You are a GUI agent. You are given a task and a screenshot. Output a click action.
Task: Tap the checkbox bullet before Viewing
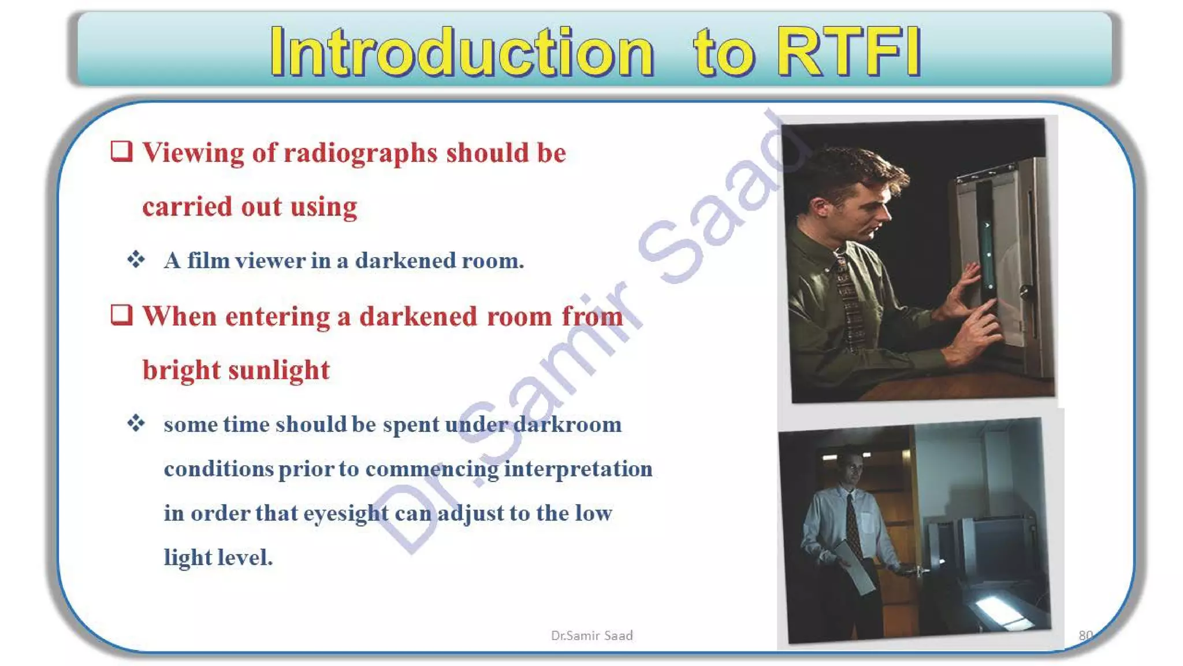pyautogui.click(x=121, y=151)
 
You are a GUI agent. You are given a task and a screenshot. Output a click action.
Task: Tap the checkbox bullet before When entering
pyautogui.click(x=121, y=315)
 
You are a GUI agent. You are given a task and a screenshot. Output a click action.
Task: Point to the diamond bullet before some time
pyautogui.click(x=136, y=423)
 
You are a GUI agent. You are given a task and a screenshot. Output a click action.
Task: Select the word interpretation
pyautogui.click(x=578, y=469)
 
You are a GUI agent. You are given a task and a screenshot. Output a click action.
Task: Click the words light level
pyautogui.click(x=218, y=557)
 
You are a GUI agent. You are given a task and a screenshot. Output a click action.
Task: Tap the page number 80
pyautogui.click(x=1085, y=635)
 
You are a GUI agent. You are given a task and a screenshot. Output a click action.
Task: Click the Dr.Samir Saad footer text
pyautogui.click(x=591, y=635)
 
